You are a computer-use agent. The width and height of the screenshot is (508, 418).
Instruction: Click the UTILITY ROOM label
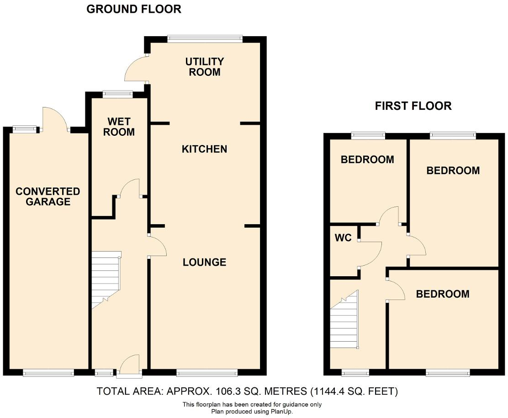coord(204,67)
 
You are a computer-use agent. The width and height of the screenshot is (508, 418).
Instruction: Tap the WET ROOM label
coord(119,127)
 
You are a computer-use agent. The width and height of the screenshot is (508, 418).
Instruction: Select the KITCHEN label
coord(204,149)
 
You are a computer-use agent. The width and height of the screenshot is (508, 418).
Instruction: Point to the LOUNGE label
coord(204,262)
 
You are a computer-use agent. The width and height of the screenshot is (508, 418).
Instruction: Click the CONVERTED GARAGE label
coord(48,197)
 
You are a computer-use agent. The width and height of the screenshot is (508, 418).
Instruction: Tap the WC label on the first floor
coord(343,238)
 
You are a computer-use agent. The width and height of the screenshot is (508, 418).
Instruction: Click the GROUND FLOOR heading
coord(134,9)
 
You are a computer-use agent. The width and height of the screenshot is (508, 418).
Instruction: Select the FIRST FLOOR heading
coord(413,106)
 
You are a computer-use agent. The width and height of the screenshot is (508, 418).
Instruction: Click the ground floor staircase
coord(106,279)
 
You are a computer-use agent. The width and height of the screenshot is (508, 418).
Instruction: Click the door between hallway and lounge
coord(157,246)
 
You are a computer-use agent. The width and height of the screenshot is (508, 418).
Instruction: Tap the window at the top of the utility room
coord(205,39)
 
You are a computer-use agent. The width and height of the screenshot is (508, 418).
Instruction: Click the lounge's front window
coord(207,373)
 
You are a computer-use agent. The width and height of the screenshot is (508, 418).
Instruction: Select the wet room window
coord(118,95)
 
